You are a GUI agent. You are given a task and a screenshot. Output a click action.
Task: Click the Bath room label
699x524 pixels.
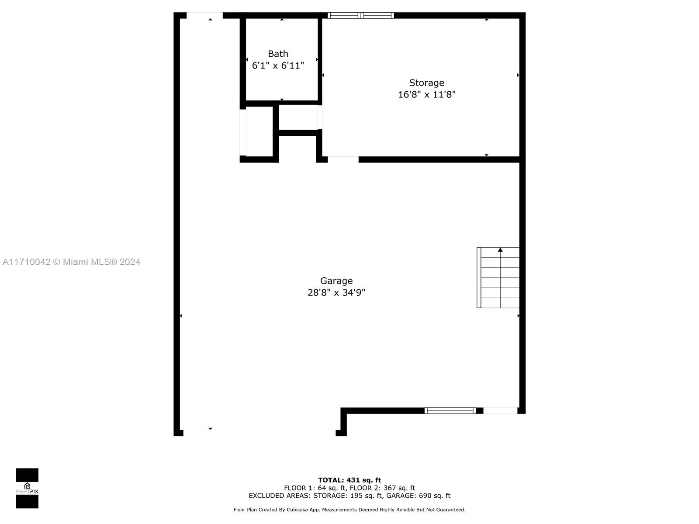[278, 54]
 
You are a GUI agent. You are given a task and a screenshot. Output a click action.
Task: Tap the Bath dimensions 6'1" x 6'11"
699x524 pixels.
[278, 65]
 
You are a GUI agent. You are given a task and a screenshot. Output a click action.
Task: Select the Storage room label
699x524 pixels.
[426, 83]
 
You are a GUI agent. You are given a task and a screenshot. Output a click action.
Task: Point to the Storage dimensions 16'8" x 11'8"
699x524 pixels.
[426, 94]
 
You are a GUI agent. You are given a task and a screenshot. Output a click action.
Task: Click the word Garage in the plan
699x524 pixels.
[336, 281]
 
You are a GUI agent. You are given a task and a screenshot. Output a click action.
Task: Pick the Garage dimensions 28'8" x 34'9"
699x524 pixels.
[336, 293]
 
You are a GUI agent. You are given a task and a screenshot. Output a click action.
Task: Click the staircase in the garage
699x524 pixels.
[498, 278]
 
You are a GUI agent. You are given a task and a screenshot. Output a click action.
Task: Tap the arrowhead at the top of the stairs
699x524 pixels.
[500, 250]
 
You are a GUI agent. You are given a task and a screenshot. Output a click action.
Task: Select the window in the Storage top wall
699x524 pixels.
[360, 15]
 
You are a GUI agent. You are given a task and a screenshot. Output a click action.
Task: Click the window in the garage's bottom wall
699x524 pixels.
[450, 411]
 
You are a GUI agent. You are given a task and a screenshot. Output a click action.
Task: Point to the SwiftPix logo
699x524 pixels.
[27, 488]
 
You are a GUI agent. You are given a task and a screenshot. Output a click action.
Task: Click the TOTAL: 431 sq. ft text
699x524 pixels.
[349, 480]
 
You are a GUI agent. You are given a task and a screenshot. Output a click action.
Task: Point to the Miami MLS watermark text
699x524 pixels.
[71, 262]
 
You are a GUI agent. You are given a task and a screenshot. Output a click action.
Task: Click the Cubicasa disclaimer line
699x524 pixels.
[349, 510]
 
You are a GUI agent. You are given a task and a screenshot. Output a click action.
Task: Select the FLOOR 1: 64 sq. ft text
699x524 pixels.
[315, 488]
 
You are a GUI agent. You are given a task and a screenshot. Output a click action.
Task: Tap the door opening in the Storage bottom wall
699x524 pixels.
[343, 159]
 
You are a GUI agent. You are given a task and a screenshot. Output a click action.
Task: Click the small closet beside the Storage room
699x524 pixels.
[298, 117]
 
